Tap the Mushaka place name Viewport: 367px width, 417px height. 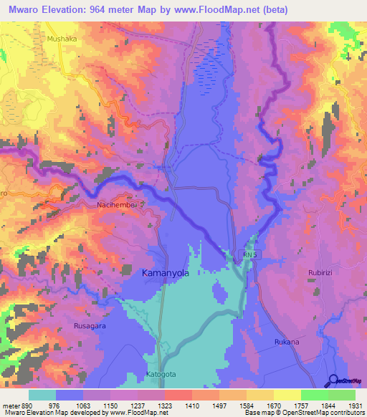click(61, 39)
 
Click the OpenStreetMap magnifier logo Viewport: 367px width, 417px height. click(333, 380)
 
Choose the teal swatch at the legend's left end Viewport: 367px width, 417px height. click(42, 395)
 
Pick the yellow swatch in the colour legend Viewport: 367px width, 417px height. click(287, 395)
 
